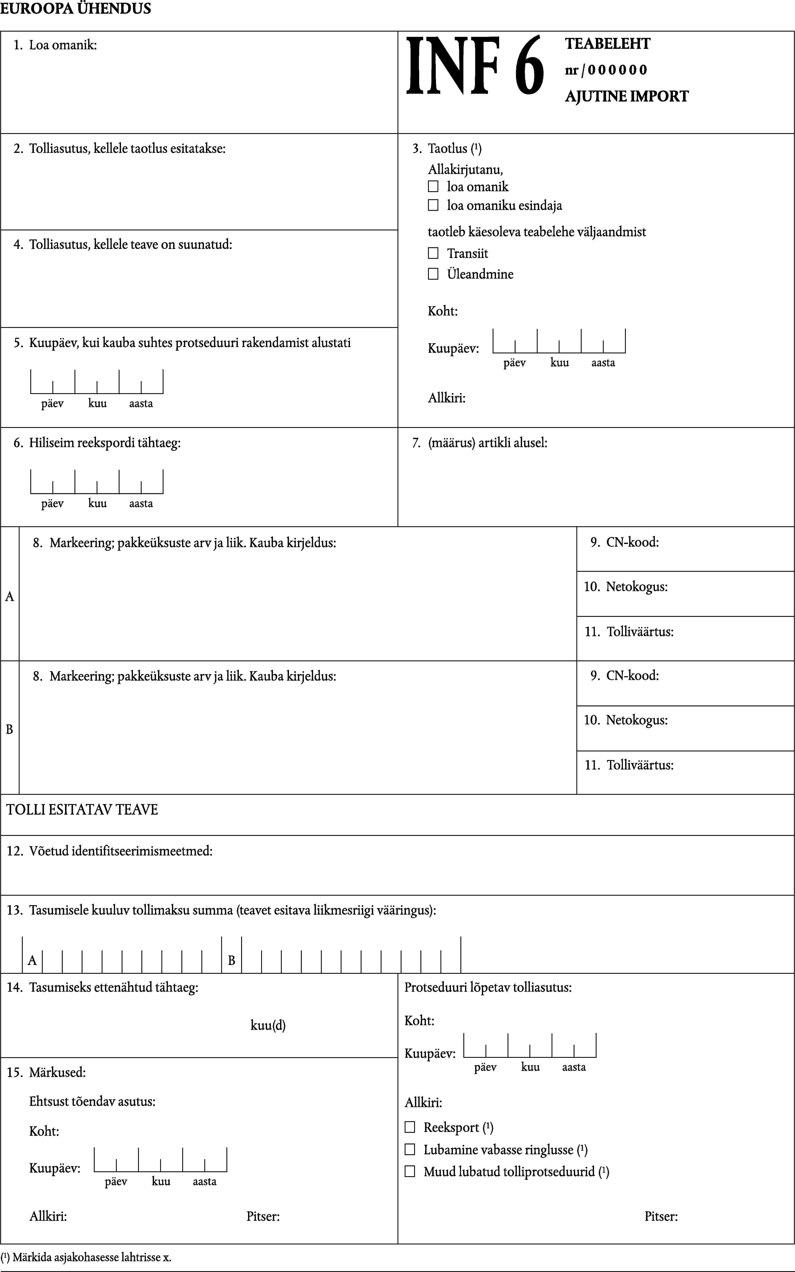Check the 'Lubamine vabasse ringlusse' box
pos(409,1149)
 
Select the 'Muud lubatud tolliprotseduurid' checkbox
pos(409,1172)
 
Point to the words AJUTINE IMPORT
pos(626,96)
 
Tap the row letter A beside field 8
pos(9,597)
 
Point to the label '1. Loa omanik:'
pos(55,45)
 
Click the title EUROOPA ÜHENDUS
pos(76,8)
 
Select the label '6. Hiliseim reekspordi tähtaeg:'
pos(97,443)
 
